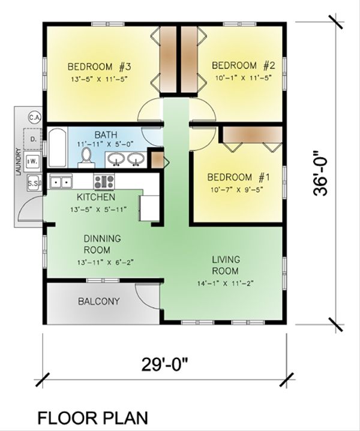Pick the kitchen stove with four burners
[x=104, y=180]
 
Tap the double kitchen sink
[x=61, y=180]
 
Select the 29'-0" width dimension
[x=166, y=363]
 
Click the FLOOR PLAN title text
[x=94, y=417]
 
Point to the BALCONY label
[x=98, y=302]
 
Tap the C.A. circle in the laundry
[x=34, y=117]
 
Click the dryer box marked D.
[x=34, y=139]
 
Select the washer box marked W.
[x=34, y=161]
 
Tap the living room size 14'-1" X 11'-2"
[x=226, y=284]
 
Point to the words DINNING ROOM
[x=101, y=244]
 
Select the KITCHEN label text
[x=96, y=197]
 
